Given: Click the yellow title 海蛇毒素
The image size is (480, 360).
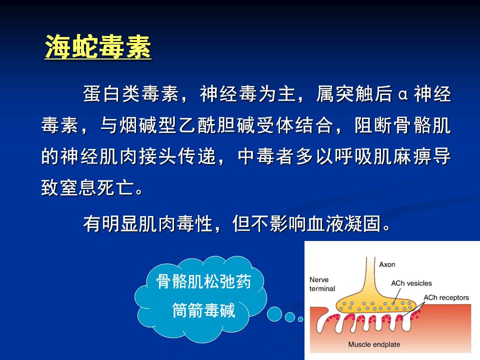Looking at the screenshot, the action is click(x=98, y=47).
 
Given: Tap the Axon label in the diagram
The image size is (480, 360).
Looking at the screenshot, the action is click(x=387, y=264).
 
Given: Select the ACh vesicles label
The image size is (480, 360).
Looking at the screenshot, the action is click(x=411, y=283).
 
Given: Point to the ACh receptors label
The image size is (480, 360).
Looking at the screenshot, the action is click(x=446, y=297).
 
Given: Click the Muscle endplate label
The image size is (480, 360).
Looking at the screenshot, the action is click(x=374, y=344).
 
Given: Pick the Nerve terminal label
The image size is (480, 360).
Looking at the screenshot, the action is click(x=322, y=284).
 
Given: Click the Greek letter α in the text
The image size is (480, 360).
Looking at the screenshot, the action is click(x=403, y=94).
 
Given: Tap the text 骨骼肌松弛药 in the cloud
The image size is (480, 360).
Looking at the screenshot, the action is click(x=203, y=281).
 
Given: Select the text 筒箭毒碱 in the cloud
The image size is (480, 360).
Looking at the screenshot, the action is click(x=203, y=310).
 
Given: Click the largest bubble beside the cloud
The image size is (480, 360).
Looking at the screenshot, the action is click(x=274, y=314).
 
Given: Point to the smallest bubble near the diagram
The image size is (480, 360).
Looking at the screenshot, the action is click(x=300, y=319).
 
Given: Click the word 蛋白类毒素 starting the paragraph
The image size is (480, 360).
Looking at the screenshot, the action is click(x=131, y=93).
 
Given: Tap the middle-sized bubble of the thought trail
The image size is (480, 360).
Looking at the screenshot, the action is click(x=289, y=317).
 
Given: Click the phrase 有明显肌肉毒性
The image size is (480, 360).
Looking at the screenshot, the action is click(x=147, y=224).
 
